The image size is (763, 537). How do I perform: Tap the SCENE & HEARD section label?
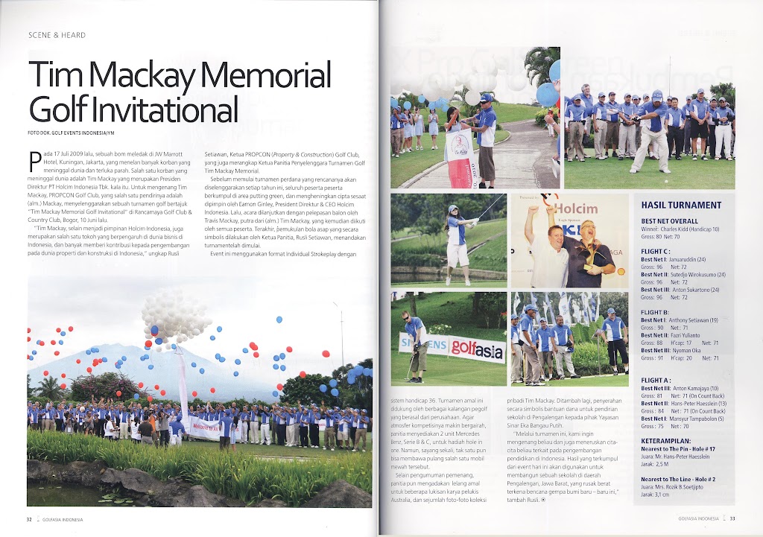coord(57,35)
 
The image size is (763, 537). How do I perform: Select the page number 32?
coord(29,519)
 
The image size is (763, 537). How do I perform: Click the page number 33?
coord(732,519)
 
